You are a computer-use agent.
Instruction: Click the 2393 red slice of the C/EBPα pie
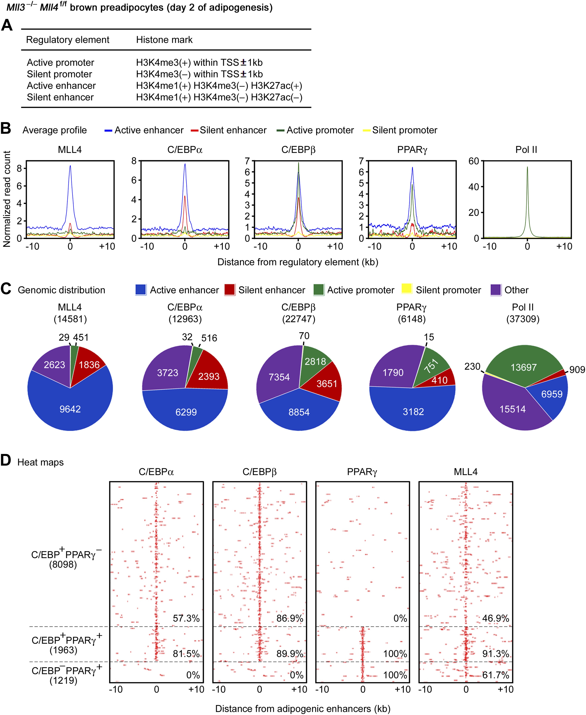(209, 376)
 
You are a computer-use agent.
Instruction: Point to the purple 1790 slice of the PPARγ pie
(393, 372)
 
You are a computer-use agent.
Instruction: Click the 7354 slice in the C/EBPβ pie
(279, 377)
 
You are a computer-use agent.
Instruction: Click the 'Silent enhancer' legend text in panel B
(233, 130)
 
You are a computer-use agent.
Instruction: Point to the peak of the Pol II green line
(527, 167)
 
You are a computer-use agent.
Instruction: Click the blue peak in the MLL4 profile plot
(70, 166)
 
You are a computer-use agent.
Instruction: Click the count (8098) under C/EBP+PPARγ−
(63, 564)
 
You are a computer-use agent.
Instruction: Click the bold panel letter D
(6, 461)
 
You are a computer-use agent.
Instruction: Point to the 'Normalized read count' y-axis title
(7, 199)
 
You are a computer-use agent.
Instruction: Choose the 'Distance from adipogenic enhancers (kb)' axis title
(303, 709)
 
